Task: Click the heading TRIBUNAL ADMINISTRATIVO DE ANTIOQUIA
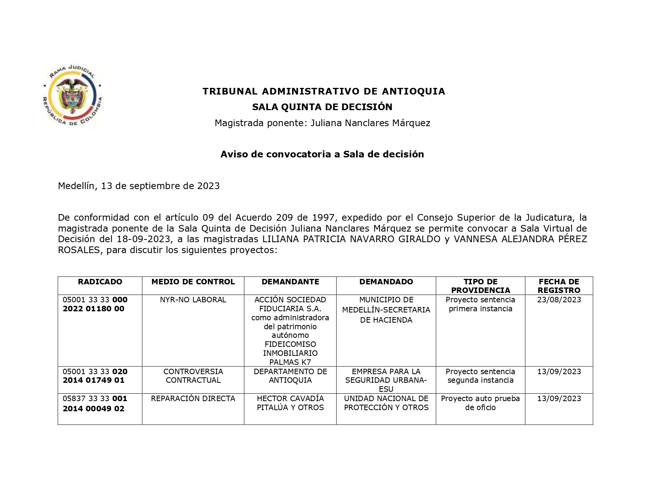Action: click(324, 91)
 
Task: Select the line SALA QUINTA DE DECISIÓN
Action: click(322, 107)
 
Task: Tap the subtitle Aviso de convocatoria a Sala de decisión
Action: click(322, 154)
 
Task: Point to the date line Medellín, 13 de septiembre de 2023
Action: click(139, 186)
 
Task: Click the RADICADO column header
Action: click(100, 282)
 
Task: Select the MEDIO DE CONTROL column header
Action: click(193, 282)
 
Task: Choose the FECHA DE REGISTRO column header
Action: click(559, 286)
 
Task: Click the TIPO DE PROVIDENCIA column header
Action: click(480, 286)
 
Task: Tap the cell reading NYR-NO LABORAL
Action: click(193, 300)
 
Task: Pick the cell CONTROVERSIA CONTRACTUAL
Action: click(193, 376)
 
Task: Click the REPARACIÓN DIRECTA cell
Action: click(193, 399)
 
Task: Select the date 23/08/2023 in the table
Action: click(559, 300)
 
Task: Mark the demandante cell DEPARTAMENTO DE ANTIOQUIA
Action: click(290, 376)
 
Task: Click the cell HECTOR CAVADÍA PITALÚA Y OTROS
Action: click(290, 403)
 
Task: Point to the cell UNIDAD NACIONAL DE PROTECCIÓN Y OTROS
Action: click(386, 403)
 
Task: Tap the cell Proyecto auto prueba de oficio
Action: click(480, 403)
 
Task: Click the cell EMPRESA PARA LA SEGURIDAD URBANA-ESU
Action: click(386, 380)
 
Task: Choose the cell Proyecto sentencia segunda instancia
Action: click(480, 376)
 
